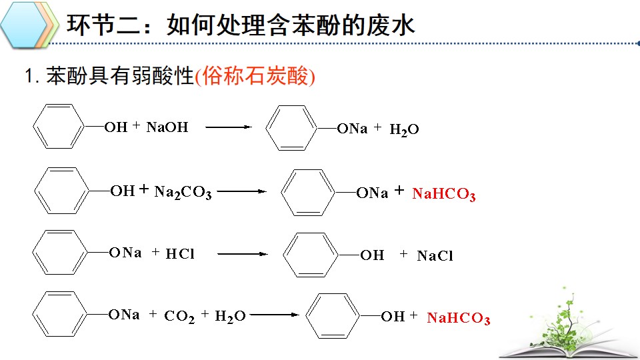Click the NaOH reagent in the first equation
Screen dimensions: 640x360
click(167, 127)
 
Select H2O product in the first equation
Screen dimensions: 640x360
click(404, 130)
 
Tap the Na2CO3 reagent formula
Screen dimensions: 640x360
click(183, 192)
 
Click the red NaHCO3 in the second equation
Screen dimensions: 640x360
click(444, 194)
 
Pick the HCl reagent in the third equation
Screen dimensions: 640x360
click(180, 254)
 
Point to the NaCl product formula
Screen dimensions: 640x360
click(435, 256)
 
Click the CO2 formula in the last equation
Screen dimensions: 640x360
click(179, 316)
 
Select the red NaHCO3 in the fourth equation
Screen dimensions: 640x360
click(459, 319)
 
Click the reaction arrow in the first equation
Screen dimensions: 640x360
click(229, 127)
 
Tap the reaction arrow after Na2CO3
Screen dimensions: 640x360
click(241, 191)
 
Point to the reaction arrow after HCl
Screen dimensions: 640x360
click(243, 254)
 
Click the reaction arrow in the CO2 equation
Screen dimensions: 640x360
click(274, 315)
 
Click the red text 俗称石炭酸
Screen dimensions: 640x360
click(255, 76)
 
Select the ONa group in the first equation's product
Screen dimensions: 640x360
click(352, 129)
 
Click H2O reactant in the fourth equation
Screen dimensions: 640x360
click(230, 316)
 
